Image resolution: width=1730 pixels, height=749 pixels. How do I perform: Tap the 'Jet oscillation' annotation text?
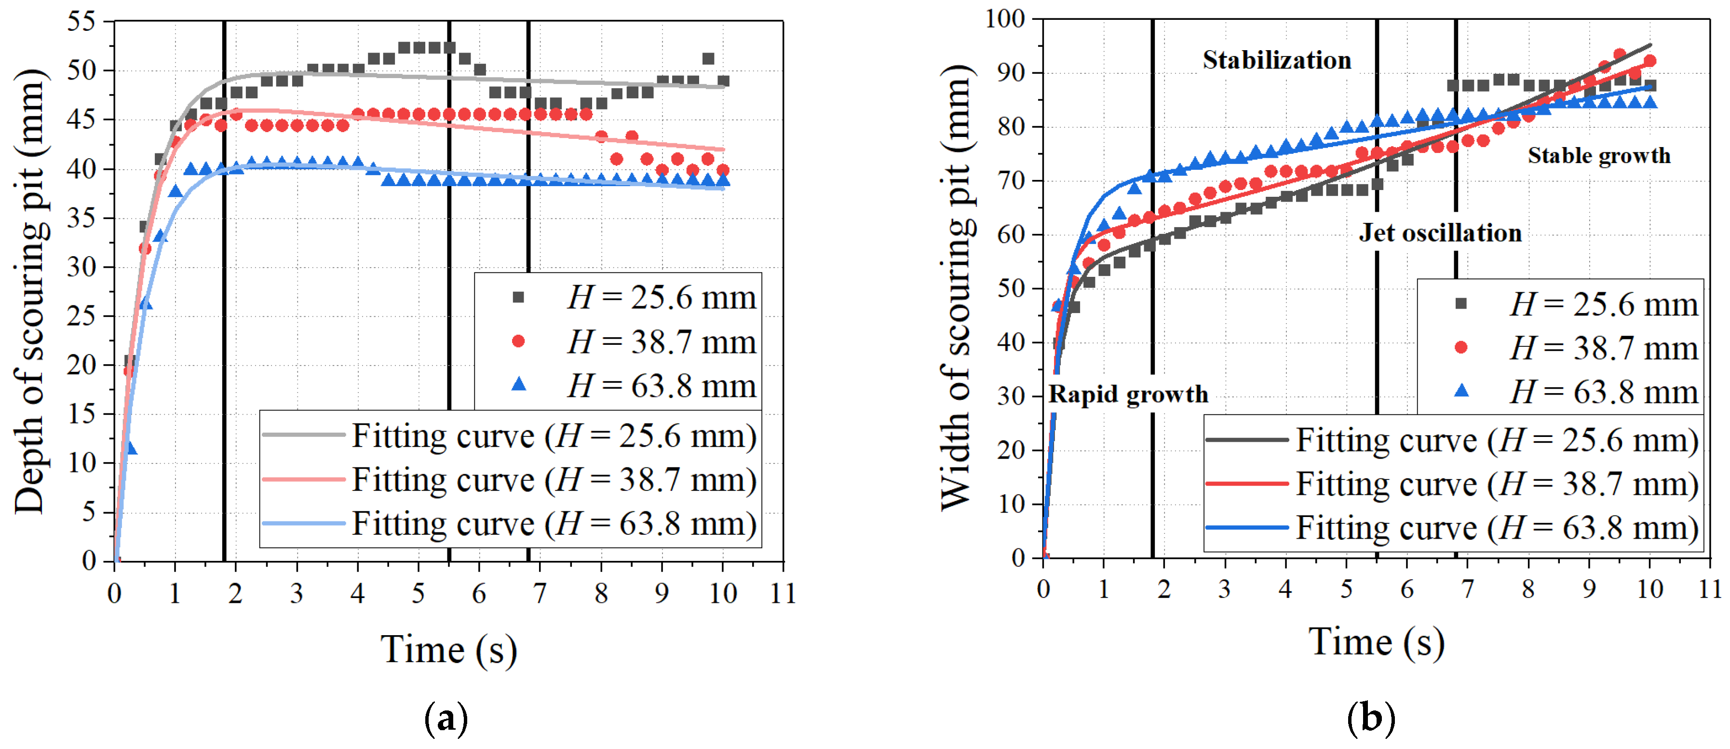[x=1440, y=233]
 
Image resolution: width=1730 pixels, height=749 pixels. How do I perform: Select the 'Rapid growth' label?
[x=1128, y=395]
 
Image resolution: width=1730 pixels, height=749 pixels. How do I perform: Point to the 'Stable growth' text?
[x=1599, y=156]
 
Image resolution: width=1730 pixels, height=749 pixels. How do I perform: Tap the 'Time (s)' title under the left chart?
[x=448, y=650]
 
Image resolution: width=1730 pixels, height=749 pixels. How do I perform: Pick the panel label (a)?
[x=446, y=719]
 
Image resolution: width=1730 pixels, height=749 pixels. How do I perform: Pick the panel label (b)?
[x=1371, y=719]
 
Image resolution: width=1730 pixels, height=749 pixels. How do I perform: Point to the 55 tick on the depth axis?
[x=81, y=22]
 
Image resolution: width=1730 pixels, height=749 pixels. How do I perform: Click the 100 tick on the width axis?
[x=1005, y=19]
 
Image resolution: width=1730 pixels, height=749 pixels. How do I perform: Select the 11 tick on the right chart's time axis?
[x=1710, y=589]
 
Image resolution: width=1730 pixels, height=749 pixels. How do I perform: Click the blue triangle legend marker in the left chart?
[x=518, y=385]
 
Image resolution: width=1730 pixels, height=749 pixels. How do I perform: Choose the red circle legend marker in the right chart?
[x=1460, y=347]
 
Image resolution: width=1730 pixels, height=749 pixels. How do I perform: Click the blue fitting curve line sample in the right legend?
[x=1246, y=527]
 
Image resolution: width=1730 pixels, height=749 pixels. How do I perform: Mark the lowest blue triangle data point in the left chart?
[x=131, y=448]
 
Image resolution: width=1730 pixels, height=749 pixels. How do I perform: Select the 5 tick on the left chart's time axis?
[x=419, y=593]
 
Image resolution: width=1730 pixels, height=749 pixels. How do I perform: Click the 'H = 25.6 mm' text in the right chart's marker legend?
[x=1603, y=305]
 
